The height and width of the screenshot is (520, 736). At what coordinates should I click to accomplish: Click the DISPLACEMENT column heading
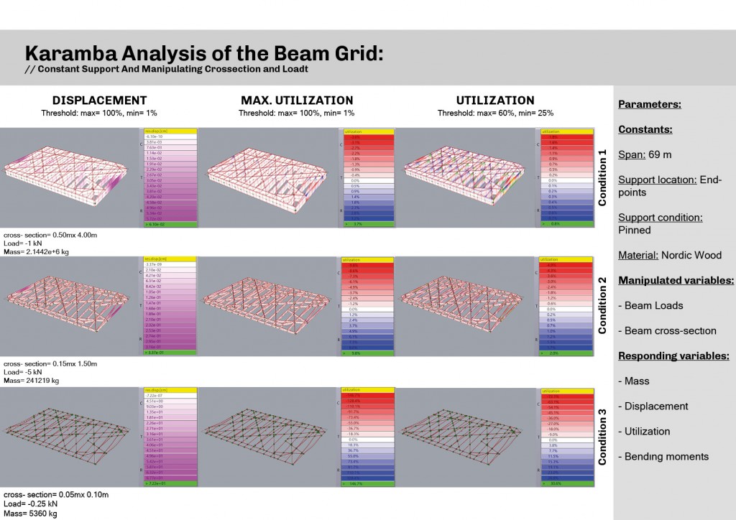click(99, 101)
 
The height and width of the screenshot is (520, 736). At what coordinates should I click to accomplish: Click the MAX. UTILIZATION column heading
click(297, 101)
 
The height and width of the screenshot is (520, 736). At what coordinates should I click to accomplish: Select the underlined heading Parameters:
click(649, 105)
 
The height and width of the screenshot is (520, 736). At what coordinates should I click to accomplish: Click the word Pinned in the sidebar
click(634, 230)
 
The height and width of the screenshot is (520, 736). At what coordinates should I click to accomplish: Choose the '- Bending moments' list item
click(663, 456)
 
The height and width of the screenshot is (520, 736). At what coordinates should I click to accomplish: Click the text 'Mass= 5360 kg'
click(30, 514)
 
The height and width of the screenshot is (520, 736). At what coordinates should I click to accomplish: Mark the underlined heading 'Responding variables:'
click(673, 356)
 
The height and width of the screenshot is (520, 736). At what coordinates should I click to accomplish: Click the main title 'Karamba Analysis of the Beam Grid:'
click(204, 54)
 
